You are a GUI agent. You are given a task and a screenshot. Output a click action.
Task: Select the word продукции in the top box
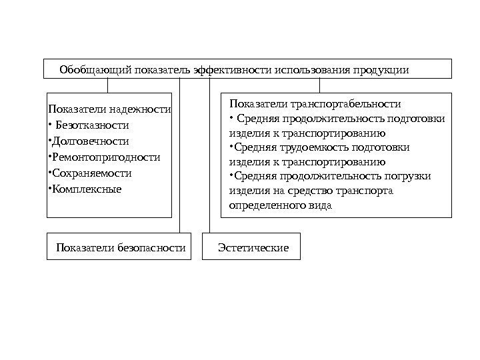[x=382, y=69]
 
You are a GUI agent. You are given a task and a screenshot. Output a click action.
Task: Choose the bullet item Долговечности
[x=91, y=141]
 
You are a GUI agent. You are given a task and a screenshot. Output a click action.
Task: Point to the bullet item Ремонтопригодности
[x=106, y=157]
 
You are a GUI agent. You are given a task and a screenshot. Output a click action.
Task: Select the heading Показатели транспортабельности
[x=315, y=104]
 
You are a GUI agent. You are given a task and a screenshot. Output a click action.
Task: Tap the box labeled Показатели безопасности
[x=121, y=247]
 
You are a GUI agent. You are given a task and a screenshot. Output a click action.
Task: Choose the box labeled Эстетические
[x=253, y=247]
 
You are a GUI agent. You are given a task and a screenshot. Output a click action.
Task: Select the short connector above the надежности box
[x=108, y=86]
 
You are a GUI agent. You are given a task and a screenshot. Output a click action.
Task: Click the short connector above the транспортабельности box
[x=319, y=86]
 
